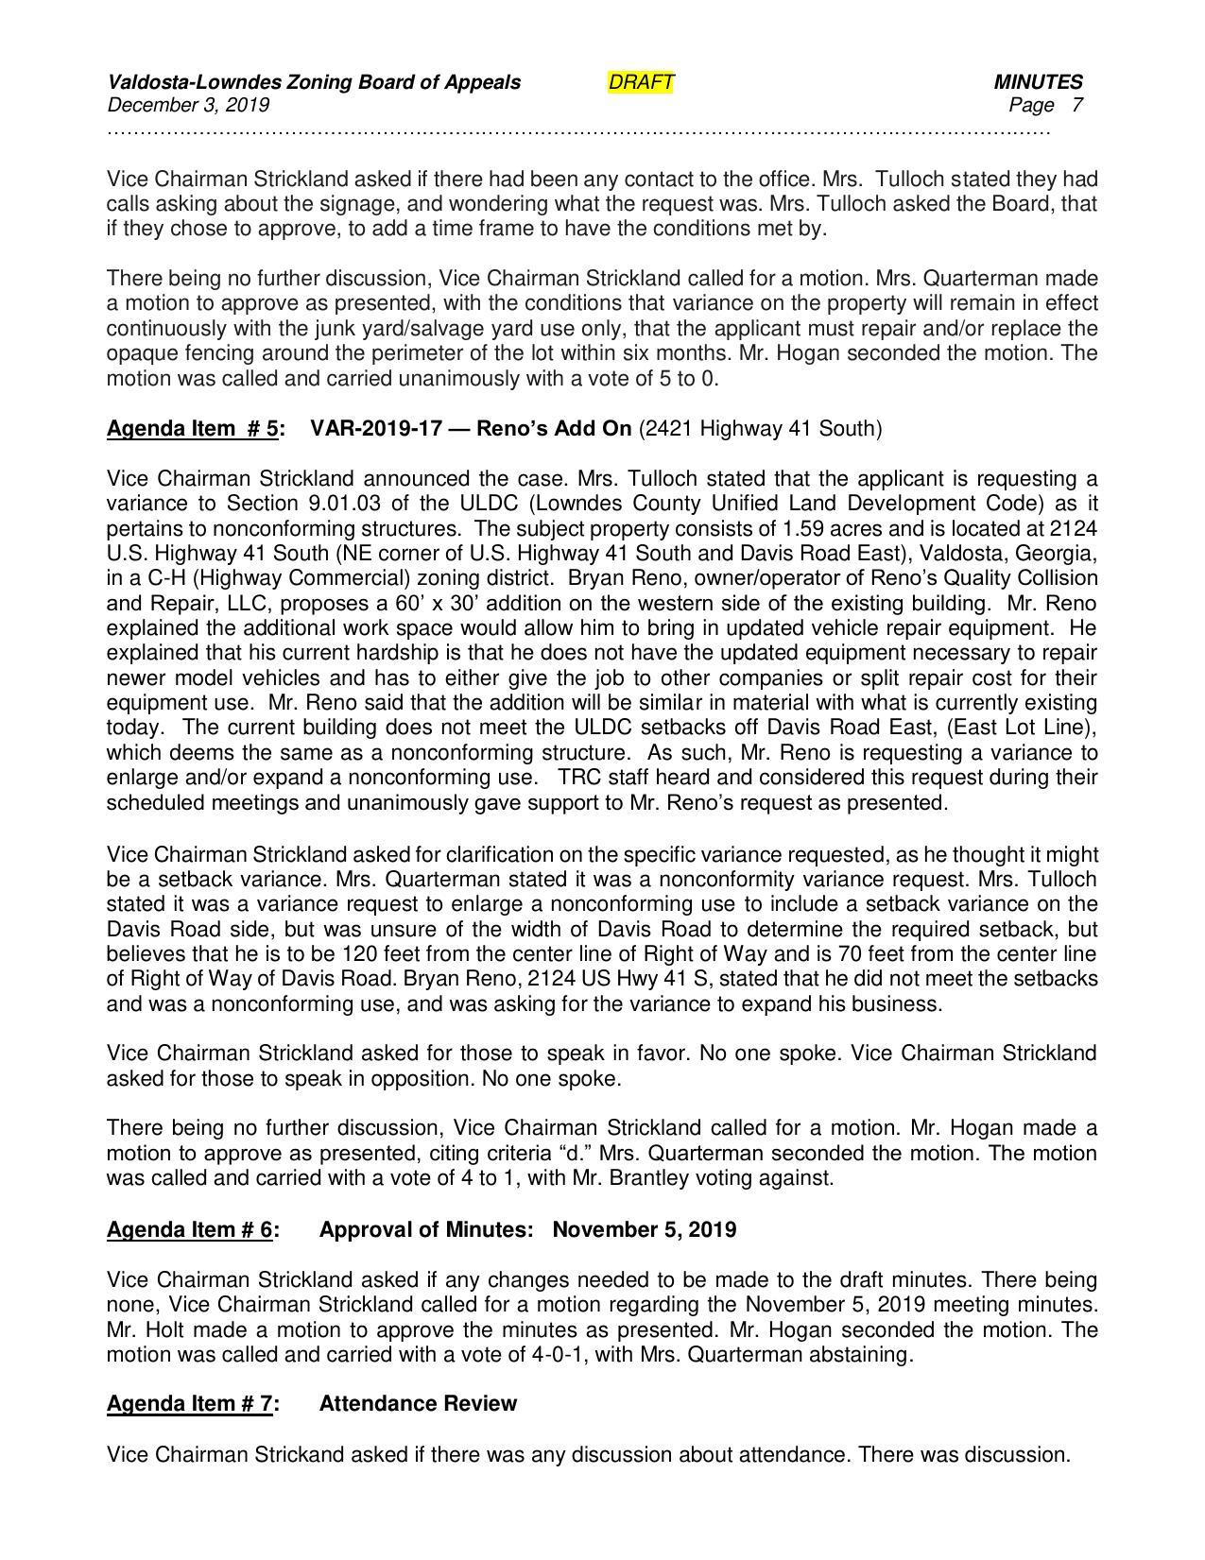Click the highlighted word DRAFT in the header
[x=641, y=82]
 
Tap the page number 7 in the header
[x=1076, y=105]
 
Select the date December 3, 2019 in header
[x=188, y=105]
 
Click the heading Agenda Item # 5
[x=193, y=429]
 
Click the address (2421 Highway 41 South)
[x=760, y=429]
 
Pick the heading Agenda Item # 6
[x=190, y=1230]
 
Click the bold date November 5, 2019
[x=644, y=1230]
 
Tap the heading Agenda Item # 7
[x=190, y=1404]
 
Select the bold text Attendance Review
[x=418, y=1404]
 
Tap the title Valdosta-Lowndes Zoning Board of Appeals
[x=314, y=82]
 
